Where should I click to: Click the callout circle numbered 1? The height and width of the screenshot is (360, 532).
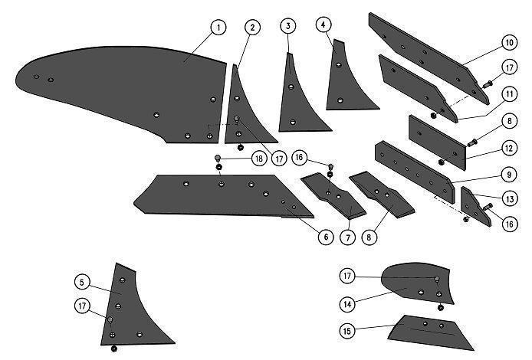point(218,27)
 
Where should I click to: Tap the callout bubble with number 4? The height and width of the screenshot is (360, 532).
point(323,25)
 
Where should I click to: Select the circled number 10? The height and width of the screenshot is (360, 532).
point(509,43)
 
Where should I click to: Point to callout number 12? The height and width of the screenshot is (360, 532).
point(509,148)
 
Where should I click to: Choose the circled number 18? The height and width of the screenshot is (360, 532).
point(259,159)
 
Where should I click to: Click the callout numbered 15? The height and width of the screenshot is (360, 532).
point(347,330)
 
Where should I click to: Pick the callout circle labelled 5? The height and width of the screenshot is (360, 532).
point(83,283)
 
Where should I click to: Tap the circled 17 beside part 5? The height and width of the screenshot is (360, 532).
point(83,306)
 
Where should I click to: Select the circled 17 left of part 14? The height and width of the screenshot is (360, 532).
point(347,276)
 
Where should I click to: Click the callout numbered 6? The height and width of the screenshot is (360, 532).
point(326,237)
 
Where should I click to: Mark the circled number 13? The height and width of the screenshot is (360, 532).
point(510,199)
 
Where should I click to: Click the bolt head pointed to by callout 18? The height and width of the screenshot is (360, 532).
point(218,158)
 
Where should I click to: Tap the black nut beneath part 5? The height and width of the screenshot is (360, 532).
point(114,349)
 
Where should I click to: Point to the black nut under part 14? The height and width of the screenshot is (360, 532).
point(440,308)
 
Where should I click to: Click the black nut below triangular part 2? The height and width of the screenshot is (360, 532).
point(241,148)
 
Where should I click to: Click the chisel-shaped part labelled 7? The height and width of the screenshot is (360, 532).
point(334,195)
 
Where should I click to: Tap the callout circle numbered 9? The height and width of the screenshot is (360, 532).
point(509,175)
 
